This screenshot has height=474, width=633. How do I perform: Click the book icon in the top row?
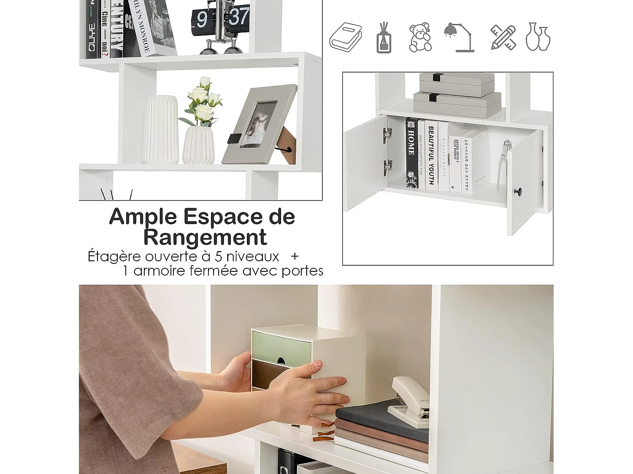click(x=346, y=37)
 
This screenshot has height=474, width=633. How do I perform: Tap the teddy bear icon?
click(x=420, y=37)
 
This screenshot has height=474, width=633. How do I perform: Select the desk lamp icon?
click(x=459, y=37)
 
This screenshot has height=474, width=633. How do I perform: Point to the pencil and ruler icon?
click(x=503, y=37)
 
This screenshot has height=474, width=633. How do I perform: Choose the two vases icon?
click(x=538, y=37)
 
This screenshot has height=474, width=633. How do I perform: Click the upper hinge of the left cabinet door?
click(x=387, y=134)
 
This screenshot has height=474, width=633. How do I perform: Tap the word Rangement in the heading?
click(x=205, y=237)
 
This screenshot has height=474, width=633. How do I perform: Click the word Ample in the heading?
click(x=143, y=217)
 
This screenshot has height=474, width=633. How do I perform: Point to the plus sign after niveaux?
click(x=295, y=256)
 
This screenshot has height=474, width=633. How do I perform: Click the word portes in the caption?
click(x=302, y=270)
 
